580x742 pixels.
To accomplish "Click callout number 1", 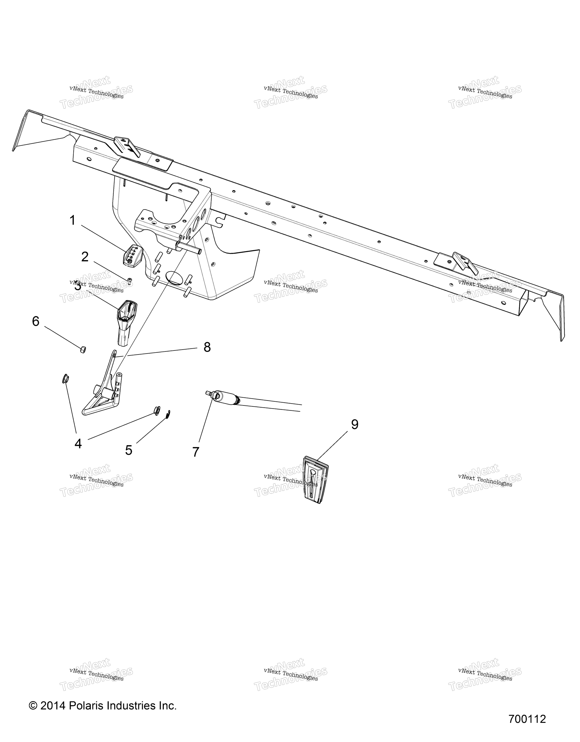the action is [72, 220].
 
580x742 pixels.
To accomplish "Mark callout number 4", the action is [78, 444].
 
